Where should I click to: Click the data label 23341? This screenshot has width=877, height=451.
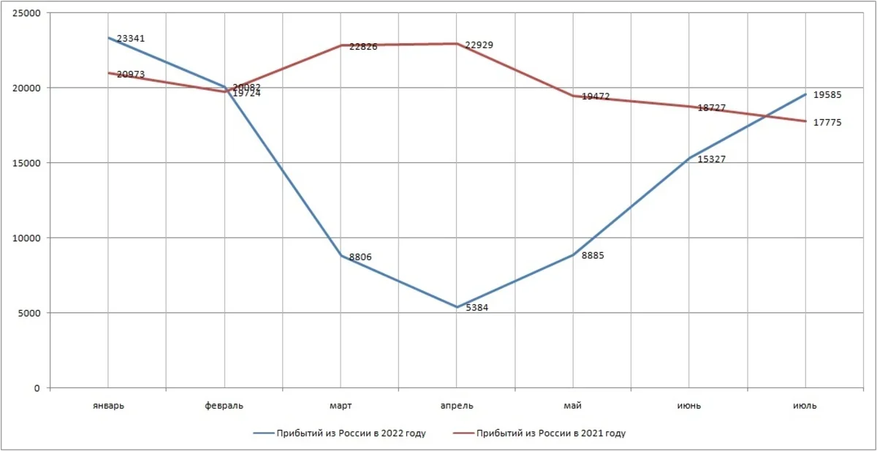click(x=131, y=38)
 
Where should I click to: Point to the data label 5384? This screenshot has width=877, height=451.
click(x=477, y=308)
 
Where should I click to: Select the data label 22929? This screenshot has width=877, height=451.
click(x=479, y=45)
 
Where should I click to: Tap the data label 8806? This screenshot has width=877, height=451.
click(x=361, y=257)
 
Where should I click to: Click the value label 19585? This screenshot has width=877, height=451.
click(x=827, y=95)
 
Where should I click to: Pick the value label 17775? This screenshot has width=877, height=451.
click(x=827, y=123)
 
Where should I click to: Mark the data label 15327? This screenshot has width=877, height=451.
click(x=712, y=159)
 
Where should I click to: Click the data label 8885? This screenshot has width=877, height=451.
click(x=592, y=256)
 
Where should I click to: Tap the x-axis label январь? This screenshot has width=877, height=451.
click(x=108, y=405)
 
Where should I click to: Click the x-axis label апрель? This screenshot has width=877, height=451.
click(x=457, y=405)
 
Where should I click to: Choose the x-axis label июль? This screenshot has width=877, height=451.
click(x=805, y=405)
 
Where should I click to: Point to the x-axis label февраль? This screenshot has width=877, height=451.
click(x=224, y=405)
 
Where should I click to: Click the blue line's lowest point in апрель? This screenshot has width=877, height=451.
click(x=457, y=307)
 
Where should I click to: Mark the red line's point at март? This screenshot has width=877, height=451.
click(x=341, y=45)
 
